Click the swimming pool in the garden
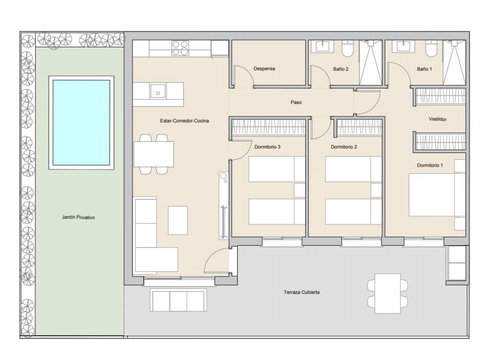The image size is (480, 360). click(x=81, y=123)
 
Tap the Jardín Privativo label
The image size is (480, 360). click(x=78, y=217)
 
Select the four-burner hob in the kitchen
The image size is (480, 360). click(x=180, y=48)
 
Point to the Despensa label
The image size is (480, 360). click(x=264, y=69)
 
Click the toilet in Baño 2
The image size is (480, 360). click(x=347, y=48)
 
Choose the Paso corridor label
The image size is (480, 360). click(x=296, y=102)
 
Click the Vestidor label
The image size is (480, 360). click(x=438, y=119)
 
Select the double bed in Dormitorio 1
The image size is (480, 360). click(x=437, y=195)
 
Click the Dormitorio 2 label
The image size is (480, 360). click(x=344, y=147)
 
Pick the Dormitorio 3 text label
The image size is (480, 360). click(x=267, y=147)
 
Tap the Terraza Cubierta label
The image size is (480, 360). click(x=301, y=292)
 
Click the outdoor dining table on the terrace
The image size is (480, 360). click(x=387, y=294)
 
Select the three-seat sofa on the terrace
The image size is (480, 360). click(x=178, y=300)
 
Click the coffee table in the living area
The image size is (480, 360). click(x=178, y=220)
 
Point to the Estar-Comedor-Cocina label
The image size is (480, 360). click(x=184, y=121)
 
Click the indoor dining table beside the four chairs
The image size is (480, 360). click(x=154, y=154)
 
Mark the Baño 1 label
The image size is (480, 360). click(x=424, y=69)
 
